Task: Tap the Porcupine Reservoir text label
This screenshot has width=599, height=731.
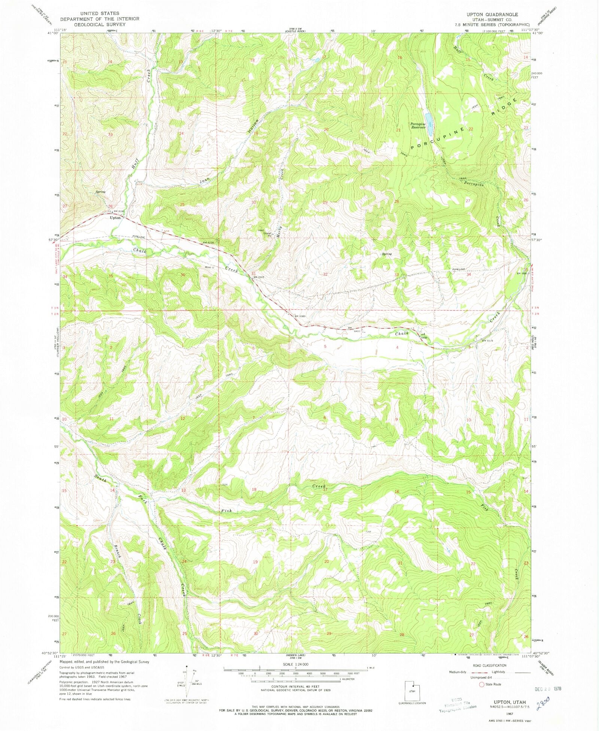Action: (x=418, y=125)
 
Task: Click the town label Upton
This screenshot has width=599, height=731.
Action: (x=115, y=218)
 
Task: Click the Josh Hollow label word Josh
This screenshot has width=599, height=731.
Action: (x=205, y=180)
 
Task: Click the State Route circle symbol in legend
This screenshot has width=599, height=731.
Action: (x=481, y=685)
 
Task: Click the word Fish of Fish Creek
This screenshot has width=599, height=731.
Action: (x=226, y=511)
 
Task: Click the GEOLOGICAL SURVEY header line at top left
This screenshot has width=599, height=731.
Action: (x=99, y=24)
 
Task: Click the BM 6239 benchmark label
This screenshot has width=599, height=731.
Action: (x=210, y=243)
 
